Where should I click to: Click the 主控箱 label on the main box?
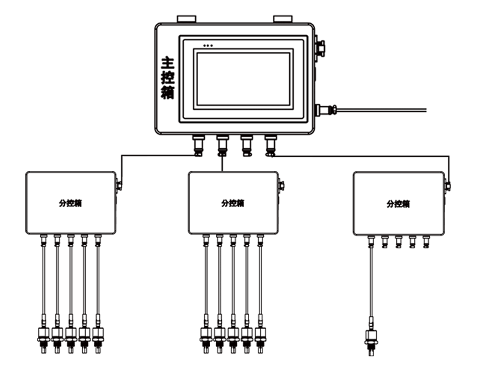pyautogui.click(x=167, y=78)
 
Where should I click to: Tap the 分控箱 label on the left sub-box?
pyautogui.click(x=71, y=203)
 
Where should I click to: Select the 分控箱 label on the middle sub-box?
pyautogui.click(x=233, y=203)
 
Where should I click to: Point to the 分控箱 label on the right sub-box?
pyautogui.click(x=398, y=204)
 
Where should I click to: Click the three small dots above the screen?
pyautogui.click(x=208, y=46)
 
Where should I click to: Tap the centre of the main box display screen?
pyautogui.click(x=243, y=79)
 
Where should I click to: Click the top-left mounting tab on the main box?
pyautogui.click(x=187, y=19)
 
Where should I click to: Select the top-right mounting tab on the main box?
pyautogui.click(x=283, y=19)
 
